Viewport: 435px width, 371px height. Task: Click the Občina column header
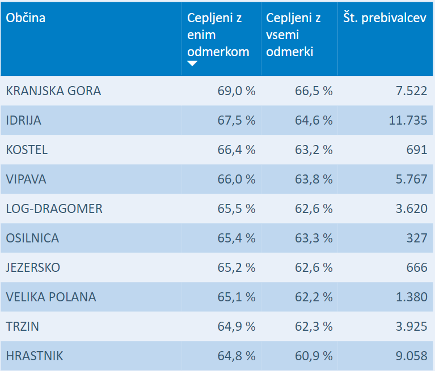(26, 18)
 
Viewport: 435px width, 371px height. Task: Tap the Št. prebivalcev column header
(385, 18)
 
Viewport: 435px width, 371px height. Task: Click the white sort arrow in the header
(192, 63)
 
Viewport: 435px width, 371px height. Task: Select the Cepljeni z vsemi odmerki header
(293, 35)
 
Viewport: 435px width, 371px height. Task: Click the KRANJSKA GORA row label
(53, 91)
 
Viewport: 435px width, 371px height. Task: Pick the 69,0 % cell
(236, 91)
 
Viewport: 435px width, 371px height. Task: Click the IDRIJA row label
(24, 120)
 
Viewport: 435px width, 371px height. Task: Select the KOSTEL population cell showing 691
(416, 150)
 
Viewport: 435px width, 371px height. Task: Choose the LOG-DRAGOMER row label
(54, 208)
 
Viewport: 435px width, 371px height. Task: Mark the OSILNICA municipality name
(32, 238)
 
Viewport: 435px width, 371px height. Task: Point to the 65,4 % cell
(236, 238)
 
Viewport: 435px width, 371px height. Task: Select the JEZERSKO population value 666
(416, 267)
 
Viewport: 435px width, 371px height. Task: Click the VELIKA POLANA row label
(51, 297)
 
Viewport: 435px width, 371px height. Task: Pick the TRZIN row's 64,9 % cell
(236, 326)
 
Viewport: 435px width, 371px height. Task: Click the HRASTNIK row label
(35, 356)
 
